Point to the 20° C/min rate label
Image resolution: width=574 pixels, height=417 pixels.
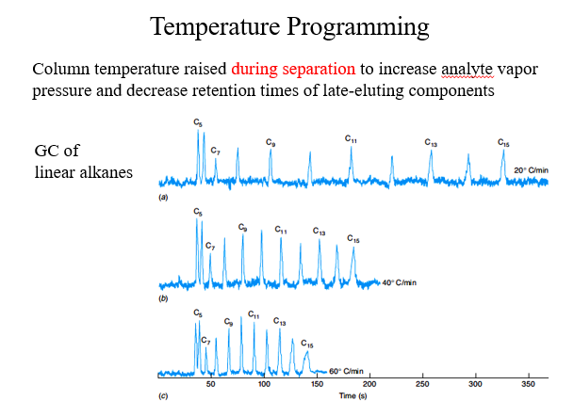click(532, 169)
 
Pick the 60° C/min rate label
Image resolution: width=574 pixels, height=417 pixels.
click(346, 371)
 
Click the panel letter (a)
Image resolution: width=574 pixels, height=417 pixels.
click(164, 200)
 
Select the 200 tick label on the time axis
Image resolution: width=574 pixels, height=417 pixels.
click(369, 385)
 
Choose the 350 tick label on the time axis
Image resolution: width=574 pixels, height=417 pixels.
click(528, 385)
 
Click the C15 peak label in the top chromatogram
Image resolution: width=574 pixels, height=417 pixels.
click(504, 143)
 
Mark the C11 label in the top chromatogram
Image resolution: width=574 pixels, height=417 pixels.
click(351, 139)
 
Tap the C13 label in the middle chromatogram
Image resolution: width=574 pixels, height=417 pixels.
click(319, 231)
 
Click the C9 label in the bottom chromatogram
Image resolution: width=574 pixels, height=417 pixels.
click(228, 322)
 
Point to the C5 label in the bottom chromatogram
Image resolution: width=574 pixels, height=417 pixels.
click(197, 313)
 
